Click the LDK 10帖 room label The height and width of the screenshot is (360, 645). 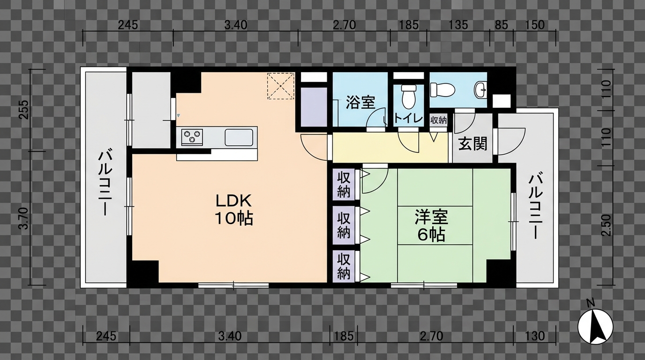tap(234, 210)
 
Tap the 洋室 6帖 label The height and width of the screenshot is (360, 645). tap(431, 225)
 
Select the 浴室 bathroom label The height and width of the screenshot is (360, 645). tap(360, 103)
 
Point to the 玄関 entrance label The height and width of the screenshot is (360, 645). tap(472, 143)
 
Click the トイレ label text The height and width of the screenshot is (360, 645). tap(408, 118)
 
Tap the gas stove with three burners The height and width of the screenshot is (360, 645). tap(192, 137)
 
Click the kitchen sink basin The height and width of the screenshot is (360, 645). tap(239, 137)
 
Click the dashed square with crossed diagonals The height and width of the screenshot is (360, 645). tap(281, 86)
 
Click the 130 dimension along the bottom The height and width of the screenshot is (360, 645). tap(535, 336)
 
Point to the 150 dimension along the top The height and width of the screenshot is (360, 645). tap(535, 25)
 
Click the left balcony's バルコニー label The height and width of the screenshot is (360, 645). tap(105, 182)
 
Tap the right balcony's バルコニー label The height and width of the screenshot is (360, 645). tap(535, 206)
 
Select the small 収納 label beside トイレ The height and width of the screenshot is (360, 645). tap(438, 120)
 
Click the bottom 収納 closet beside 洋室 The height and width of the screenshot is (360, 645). tap(344, 266)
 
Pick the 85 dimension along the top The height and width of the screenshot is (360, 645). tap(501, 25)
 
